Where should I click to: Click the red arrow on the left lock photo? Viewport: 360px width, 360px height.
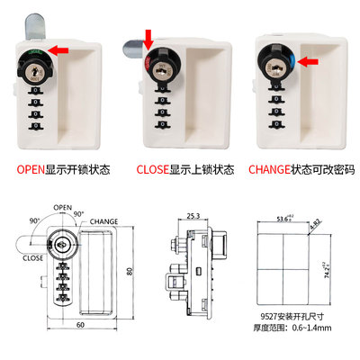(x=58, y=53)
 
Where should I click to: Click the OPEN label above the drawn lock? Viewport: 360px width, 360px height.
(x=61, y=205)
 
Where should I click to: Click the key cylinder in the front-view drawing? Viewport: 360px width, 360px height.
(x=62, y=244)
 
